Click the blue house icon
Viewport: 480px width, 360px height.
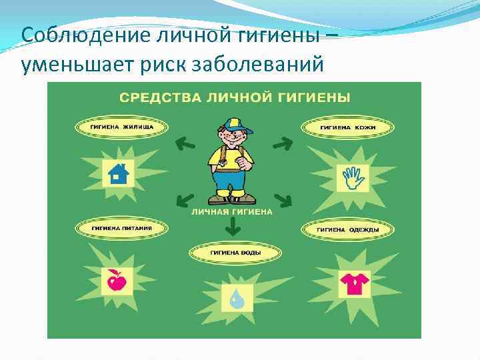pos(117,173)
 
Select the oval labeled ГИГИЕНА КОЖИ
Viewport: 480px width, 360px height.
pos(347,127)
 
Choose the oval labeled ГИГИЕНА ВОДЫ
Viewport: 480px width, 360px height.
pos(235,253)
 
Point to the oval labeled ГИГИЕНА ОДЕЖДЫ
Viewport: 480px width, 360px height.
pos(347,229)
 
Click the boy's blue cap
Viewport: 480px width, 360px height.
pos(233,125)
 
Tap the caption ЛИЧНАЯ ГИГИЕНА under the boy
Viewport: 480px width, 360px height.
pos(231,211)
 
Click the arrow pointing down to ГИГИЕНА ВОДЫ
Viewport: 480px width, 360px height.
pos(232,227)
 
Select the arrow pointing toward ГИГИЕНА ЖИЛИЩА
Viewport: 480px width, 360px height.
pos(184,141)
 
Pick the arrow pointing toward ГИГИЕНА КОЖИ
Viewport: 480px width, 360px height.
pos(282,141)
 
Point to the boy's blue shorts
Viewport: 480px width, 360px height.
pos(231,180)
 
